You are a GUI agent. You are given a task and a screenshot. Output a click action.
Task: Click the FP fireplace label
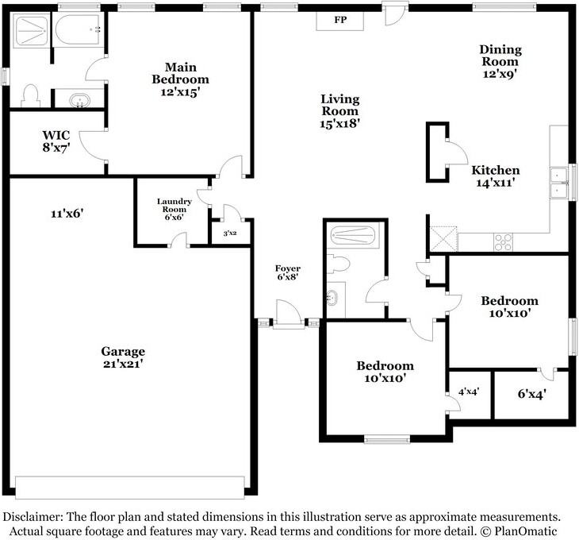click(340, 20)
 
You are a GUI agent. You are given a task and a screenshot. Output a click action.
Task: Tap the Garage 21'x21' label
click(123, 357)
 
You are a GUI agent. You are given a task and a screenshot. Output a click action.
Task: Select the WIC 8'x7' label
click(56, 141)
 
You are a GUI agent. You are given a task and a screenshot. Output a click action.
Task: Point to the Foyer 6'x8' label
click(288, 272)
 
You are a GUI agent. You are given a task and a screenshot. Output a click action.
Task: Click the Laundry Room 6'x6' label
click(174, 209)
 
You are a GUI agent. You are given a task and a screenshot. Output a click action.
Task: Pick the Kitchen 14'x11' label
click(496, 176)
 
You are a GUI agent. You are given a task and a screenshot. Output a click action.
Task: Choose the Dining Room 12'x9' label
click(500, 61)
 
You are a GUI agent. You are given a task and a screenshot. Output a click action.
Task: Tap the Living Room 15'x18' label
click(339, 111)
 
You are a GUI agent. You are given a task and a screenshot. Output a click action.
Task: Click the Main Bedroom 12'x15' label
click(181, 79)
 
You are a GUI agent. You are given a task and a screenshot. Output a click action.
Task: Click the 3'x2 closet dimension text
click(230, 233)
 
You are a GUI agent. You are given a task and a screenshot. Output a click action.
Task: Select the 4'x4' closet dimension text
click(469, 391)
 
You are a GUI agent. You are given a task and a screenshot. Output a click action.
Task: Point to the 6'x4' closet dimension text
click(531, 394)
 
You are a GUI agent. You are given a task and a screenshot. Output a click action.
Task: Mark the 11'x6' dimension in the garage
click(67, 214)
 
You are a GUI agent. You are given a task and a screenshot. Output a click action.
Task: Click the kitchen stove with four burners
click(504, 242)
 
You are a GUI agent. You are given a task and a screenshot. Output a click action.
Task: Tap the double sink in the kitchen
click(558, 183)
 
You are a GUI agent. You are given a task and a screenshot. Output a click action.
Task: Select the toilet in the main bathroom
click(30, 96)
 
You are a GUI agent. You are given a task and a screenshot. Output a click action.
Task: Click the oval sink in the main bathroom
click(80, 101)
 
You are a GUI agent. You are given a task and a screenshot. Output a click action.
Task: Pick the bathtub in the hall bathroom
click(353, 235)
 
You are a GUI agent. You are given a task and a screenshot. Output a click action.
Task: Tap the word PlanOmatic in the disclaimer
click(525, 531)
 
